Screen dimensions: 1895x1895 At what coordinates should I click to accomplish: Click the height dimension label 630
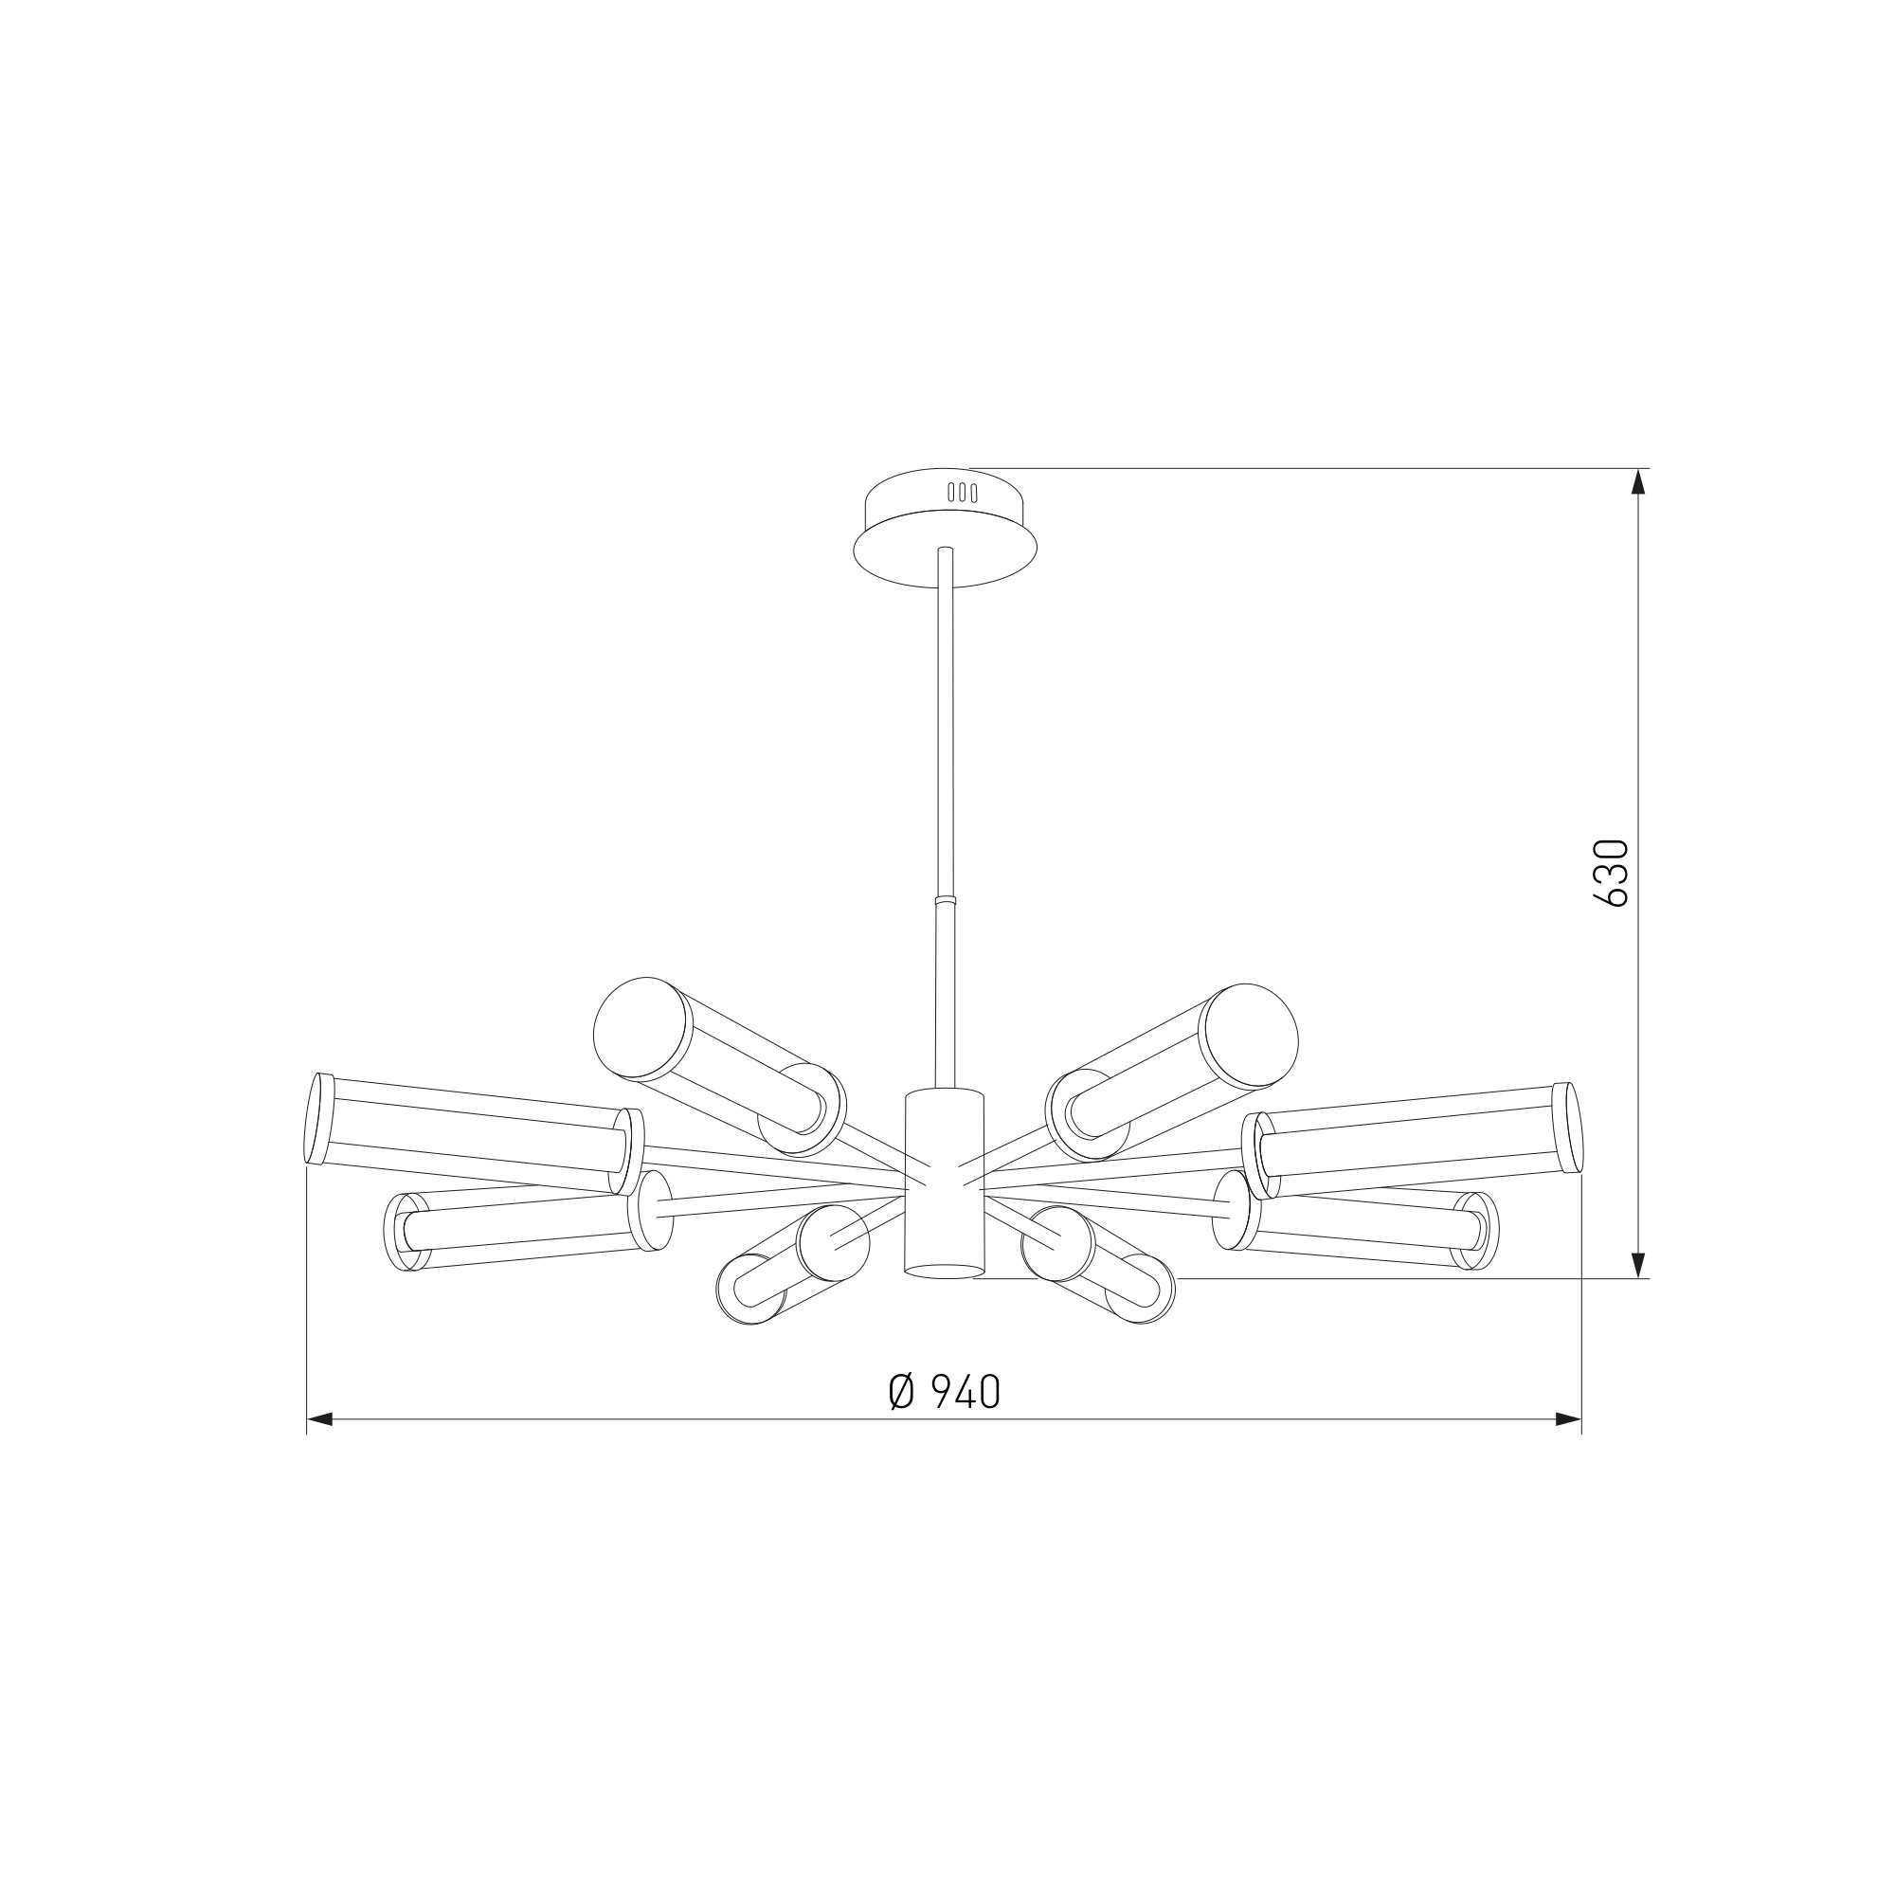[x=1612, y=873]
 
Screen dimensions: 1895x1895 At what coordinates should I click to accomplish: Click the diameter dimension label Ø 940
[x=945, y=1392]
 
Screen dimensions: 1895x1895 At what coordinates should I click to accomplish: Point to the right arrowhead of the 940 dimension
[x=1568, y=1419]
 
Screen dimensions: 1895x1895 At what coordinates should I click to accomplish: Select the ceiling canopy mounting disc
[x=945, y=528]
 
